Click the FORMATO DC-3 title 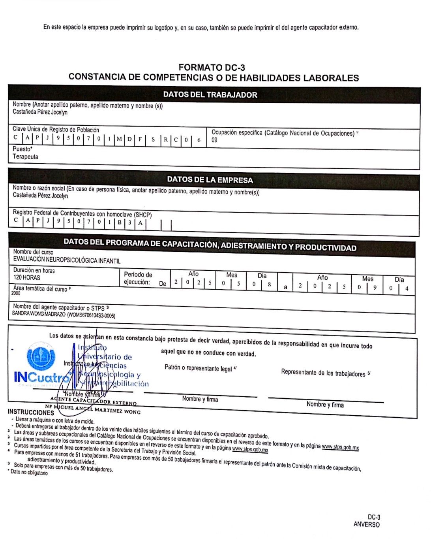pos(212,68)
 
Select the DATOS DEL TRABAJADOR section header pos(210,95)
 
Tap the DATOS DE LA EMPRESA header pos(210,180)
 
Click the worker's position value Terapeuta pos(26,157)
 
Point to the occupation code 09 pos(214,140)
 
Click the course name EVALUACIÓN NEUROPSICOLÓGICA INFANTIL pos(67,260)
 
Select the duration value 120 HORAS pos(27,277)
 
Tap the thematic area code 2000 pos(16,294)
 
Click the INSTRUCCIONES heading pos(30,412)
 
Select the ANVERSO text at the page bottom pos(366,524)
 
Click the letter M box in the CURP pos(119,139)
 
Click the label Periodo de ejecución pos(138,278)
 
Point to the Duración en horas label pos(34,270)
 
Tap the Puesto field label pos(22,149)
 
